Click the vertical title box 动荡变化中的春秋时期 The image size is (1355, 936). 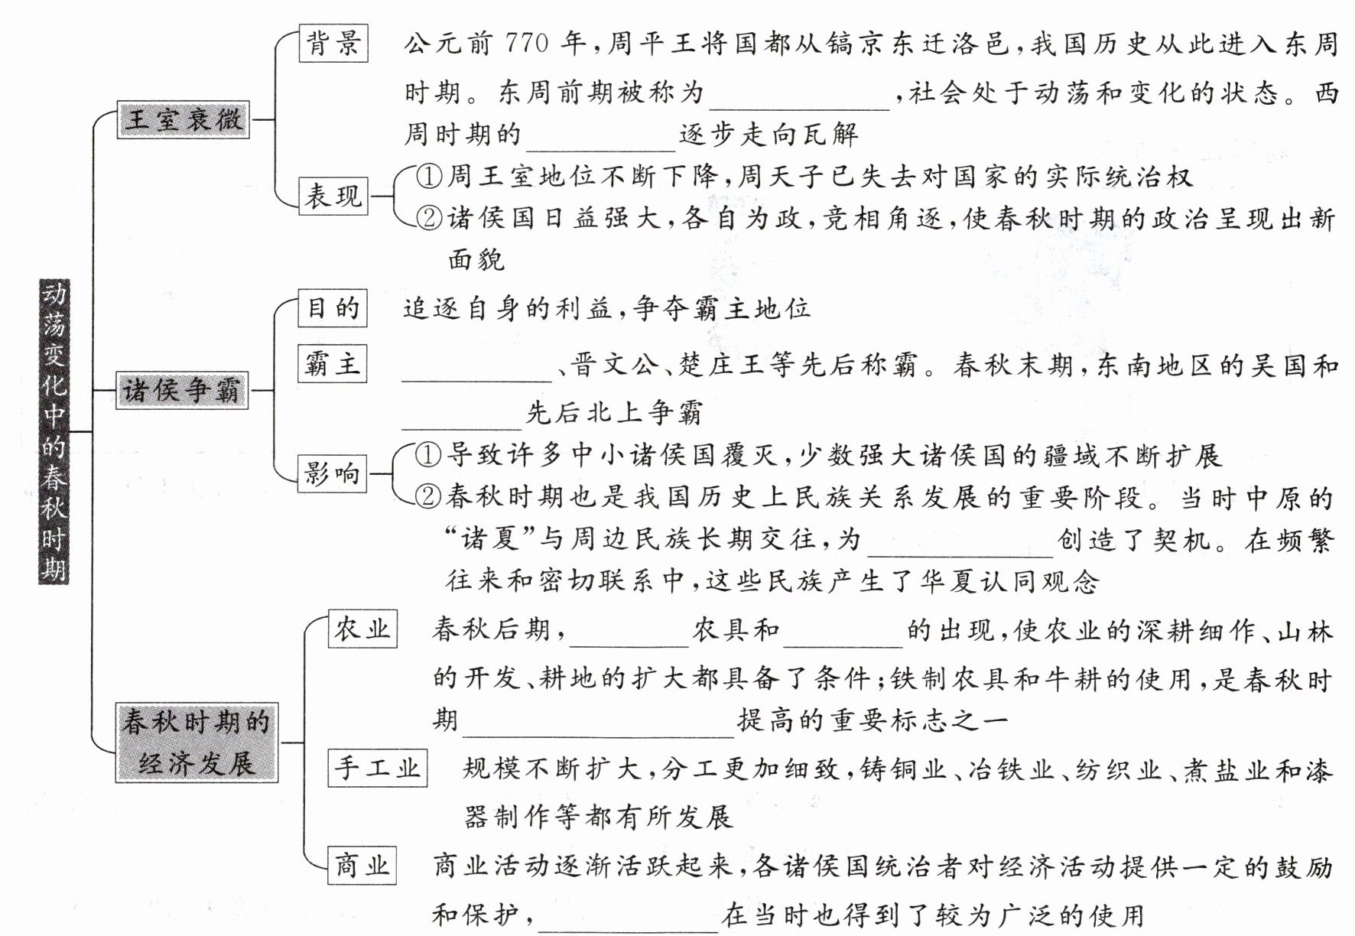click(54, 431)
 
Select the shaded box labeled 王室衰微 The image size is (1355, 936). click(183, 119)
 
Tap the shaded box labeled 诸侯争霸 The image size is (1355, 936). click(182, 390)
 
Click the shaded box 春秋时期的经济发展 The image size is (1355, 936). click(197, 742)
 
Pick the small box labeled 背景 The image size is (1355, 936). click(333, 43)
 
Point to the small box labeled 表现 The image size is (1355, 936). click(333, 196)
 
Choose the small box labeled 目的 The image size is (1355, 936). click(332, 308)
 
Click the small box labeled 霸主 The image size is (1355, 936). click(332, 363)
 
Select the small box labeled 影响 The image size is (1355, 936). click(332, 474)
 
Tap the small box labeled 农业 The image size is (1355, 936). click(362, 629)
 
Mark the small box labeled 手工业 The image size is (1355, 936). click(378, 768)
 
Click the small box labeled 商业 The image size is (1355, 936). click(362, 866)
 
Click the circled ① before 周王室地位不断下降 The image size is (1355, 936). click(429, 177)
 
